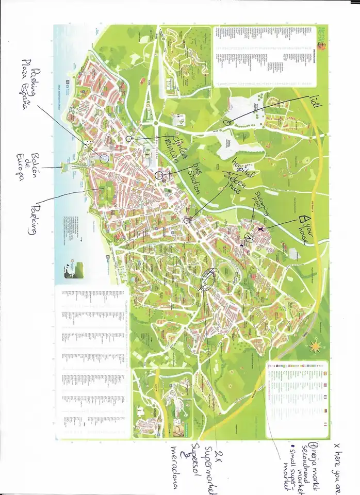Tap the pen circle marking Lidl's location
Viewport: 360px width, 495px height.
point(227,122)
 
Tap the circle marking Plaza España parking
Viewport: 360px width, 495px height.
point(103,157)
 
